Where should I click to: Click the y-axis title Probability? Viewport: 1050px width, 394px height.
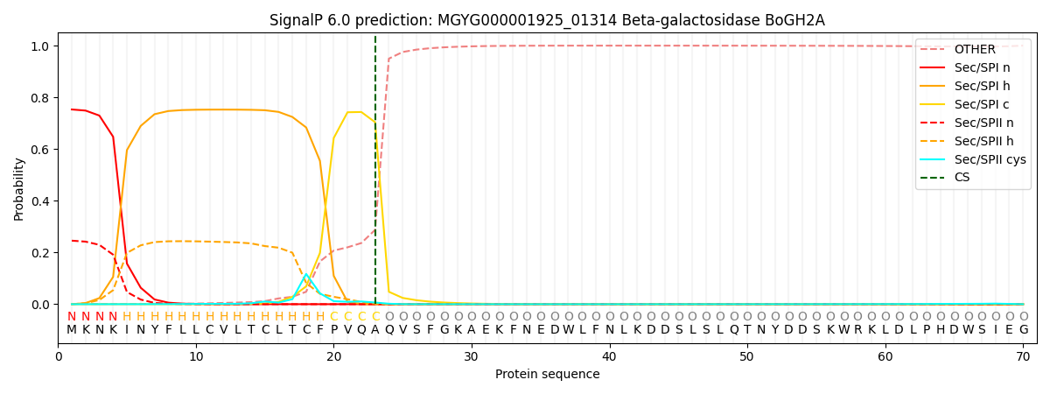click(19, 188)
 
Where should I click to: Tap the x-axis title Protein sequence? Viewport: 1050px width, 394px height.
click(547, 375)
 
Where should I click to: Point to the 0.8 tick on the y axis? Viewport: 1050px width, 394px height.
click(41, 97)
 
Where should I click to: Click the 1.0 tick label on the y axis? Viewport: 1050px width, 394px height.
click(41, 46)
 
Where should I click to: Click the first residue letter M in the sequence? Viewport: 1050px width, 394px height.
click(72, 330)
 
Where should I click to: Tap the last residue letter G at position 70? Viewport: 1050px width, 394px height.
click(1023, 330)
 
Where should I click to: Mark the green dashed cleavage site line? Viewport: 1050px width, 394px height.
click(375, 175)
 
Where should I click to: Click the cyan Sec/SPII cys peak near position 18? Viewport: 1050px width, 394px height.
click(306, 275)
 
